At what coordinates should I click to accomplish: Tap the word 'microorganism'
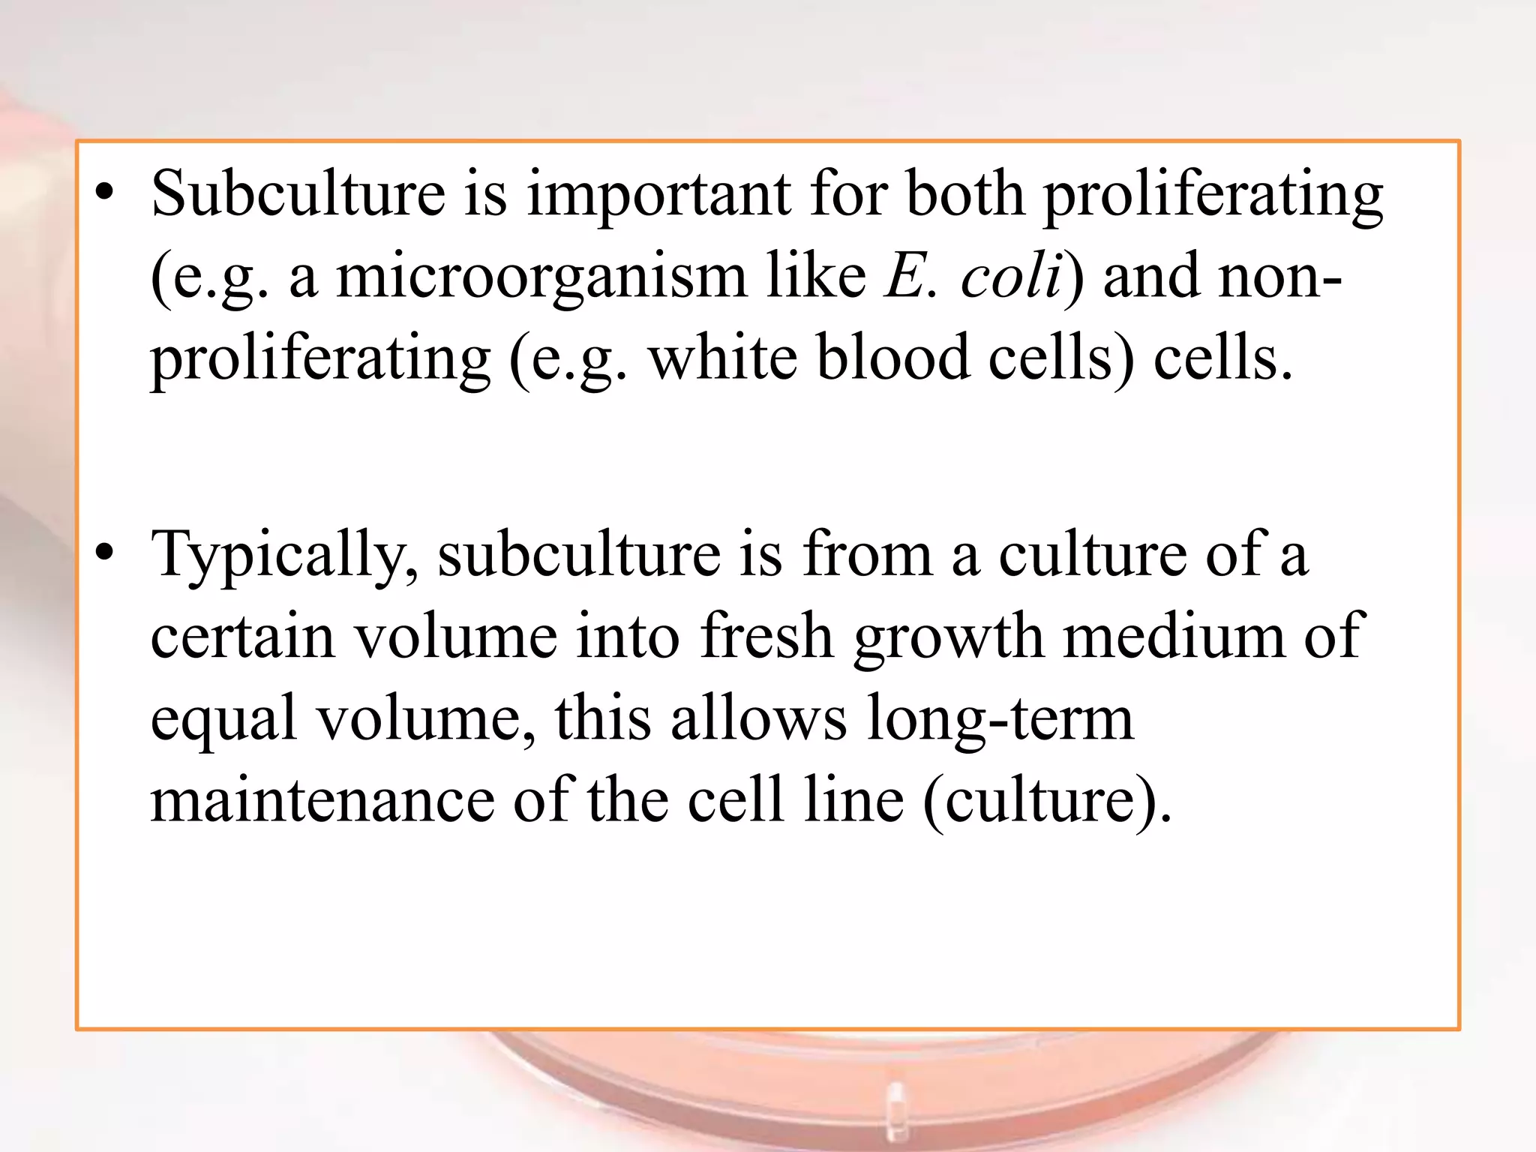(x=541, y=276)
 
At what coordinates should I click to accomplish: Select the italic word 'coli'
(x=1011, y=276)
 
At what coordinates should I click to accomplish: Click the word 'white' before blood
(x=722, y=358)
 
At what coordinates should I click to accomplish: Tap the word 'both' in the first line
(x=964, y=195)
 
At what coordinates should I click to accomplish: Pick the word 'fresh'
(x=766, y=636)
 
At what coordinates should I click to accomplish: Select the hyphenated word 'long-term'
(x=999, y=718)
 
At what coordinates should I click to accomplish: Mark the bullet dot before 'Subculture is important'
(x=105, y=193)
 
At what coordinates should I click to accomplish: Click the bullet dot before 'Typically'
(x=105, y=553)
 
